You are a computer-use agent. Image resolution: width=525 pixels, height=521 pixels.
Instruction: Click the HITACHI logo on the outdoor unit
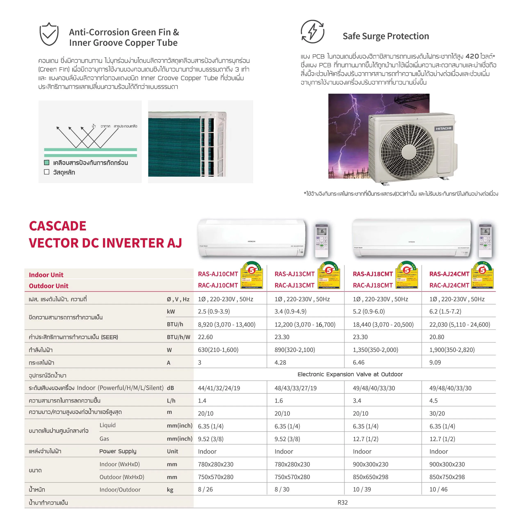click(x=443, y=128)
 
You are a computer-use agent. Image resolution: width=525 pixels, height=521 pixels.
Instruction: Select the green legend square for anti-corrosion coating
click(x=47, y=163)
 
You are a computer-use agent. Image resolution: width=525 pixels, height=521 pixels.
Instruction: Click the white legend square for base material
click(x=47, y=172)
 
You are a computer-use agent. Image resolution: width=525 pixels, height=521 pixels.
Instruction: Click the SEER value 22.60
click(x=205, y=337)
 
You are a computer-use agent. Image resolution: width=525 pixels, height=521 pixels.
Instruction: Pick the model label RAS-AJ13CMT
click(x=294, y=274)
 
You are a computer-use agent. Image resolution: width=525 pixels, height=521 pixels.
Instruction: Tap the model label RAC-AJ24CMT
click(x=449, y=285)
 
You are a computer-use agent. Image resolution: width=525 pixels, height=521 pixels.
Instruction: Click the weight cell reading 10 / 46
click(x=438, y=489)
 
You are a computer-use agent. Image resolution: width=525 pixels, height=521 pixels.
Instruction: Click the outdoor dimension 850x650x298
click(x=370, y=477)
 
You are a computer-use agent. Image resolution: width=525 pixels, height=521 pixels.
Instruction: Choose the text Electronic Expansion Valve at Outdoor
click(x=350, y=374)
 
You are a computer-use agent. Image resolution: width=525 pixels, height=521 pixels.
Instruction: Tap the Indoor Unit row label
click(x=46, y=275)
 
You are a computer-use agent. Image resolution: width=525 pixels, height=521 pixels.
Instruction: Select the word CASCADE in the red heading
click(x=58, y=226)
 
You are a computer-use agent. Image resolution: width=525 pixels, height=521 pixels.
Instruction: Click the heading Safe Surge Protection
click(x=386, y=36)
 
